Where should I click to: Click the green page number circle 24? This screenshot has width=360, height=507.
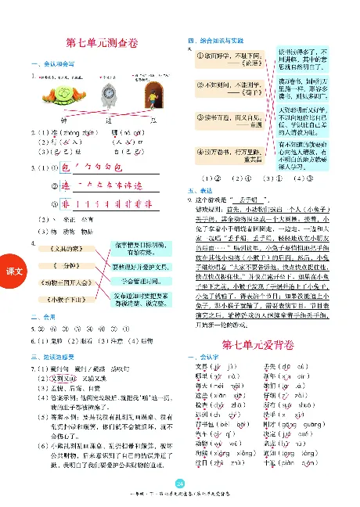[x=179, y=483]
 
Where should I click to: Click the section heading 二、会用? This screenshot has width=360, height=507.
[x=39, y=319]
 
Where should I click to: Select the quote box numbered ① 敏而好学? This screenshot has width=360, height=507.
[x=230, y=58]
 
